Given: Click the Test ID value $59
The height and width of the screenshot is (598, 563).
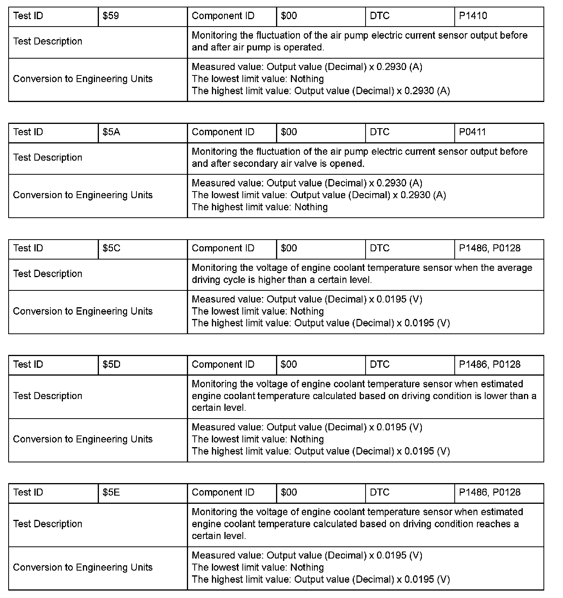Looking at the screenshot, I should [x=111, y=16].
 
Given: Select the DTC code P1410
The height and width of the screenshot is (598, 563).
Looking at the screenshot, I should [x=473, y=16].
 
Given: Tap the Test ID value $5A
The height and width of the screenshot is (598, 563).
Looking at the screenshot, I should [x=111, y=132].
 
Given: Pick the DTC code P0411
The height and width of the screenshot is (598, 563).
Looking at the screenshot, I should [x=472, y=132].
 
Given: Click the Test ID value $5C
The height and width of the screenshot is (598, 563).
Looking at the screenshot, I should [x=111, y=248].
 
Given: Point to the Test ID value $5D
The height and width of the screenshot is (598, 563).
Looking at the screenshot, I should [x=111, y=364].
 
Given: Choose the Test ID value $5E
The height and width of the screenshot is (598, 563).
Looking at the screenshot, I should [x=111, y=492].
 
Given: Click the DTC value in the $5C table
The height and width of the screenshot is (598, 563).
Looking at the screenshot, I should [x=489, y=248].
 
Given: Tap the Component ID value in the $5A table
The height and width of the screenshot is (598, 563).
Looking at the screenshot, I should [x=289, y=132].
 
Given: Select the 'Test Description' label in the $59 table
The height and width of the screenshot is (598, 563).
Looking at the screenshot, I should [x=48, y=41].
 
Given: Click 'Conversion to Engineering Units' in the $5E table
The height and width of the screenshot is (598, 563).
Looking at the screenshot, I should [x=82, y=567].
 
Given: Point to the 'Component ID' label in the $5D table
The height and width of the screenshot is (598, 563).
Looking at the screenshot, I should [x=223, y=364].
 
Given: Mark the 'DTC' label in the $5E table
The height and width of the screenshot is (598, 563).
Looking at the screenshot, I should [x=380, y=492].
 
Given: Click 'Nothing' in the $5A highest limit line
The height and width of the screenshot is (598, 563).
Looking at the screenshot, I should [x=311, y=207].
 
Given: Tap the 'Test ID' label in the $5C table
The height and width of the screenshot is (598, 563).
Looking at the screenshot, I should [x=28, y=248].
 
